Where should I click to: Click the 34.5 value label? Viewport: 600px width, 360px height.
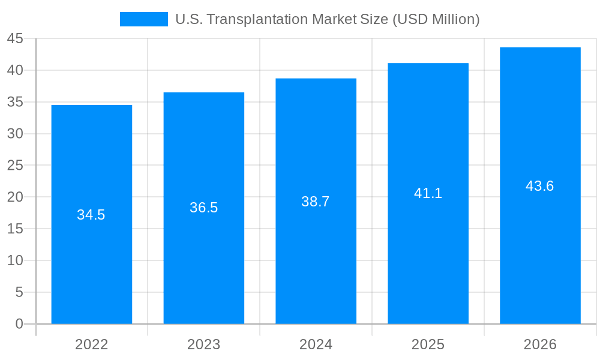coord(91,215)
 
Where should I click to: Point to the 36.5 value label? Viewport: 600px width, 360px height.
coord(203,208)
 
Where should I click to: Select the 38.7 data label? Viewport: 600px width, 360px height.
coord(316,202)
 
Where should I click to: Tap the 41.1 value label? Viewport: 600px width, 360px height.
coord(428,193)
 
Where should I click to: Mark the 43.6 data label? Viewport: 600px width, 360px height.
coord(540,186)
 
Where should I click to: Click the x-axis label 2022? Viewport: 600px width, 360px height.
coord(91,344)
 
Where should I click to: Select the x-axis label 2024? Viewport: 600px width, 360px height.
coord(316,344)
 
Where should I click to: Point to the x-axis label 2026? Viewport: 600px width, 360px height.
coord(540,344)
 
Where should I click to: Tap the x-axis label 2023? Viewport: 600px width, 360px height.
coord(203,344)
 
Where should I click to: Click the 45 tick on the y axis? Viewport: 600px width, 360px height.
coord(15,38)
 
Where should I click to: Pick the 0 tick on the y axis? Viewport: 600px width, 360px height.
coord(19,324)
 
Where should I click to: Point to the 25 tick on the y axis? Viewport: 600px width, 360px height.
coord(15,166)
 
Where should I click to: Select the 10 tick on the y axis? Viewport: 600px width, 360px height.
coord(15,260)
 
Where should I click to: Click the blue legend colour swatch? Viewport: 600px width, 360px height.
coord(143,19)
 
